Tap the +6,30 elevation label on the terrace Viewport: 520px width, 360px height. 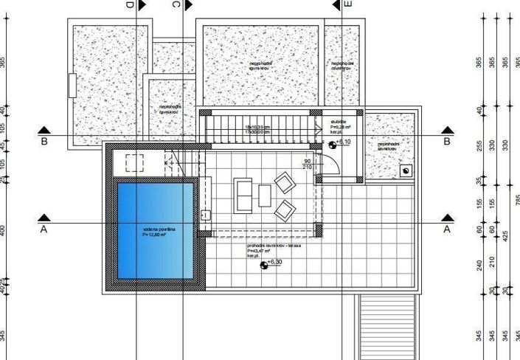pos(274,263)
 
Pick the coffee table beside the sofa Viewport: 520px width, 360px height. pos(264,196)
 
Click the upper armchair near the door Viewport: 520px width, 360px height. pos(285,181)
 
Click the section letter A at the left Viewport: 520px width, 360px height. pos(44,229)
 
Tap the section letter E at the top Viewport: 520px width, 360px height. pos(348,4)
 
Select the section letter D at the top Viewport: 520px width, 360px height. pos(130,4)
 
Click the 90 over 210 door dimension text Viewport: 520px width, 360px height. pos(308,164)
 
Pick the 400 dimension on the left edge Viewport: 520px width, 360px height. pos(3,231)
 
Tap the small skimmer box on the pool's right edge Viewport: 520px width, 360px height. pos(205,215)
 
